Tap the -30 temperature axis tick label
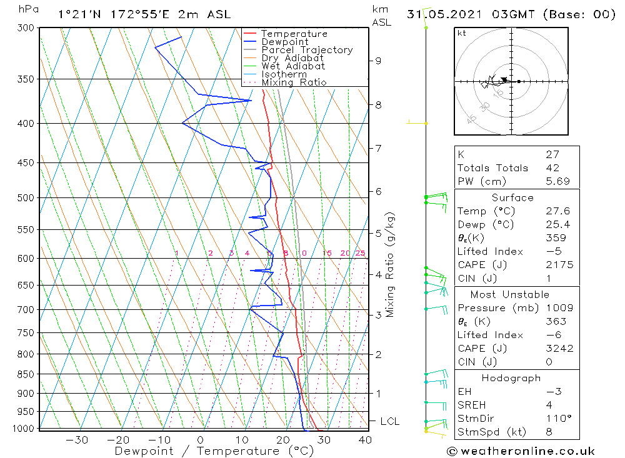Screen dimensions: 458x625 pos(77,440)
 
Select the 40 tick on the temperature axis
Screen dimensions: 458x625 pos(364,440)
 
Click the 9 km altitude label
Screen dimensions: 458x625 pos(378,61)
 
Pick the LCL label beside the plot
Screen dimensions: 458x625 pos(389,422)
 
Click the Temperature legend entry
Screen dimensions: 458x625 pos(294,34)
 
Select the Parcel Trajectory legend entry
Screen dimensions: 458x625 pos(307,50)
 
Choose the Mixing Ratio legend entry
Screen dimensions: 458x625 pos(294,82)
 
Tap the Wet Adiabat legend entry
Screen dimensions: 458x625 pos(293,66)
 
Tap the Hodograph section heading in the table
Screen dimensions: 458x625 pos(511,378)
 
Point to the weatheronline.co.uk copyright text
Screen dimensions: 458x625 pos(521,451)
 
